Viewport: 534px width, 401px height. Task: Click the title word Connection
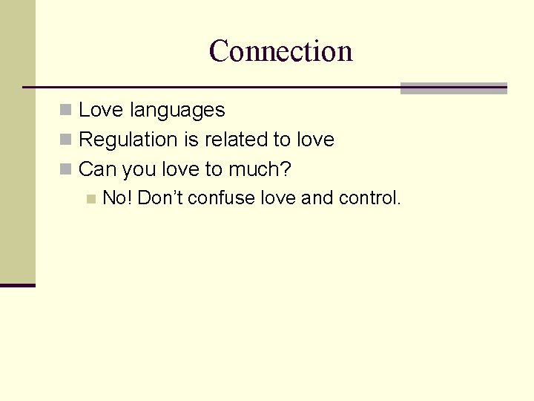coord(280,51)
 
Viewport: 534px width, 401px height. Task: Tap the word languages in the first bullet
coord(177,110)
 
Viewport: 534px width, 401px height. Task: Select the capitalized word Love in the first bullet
coord(101,110)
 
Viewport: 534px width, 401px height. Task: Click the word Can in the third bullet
coord(97,169)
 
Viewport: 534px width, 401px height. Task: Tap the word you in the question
coord(139,170)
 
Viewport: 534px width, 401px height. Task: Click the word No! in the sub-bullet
coord(117,198)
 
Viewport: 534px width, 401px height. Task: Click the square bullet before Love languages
coord(66,111)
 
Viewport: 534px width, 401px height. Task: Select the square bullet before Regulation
coord(66,140)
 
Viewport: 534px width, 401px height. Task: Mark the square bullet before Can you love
coord(66,169)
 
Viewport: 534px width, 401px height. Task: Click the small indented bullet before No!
coord(90,199)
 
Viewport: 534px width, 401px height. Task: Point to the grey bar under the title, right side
coord(453,88)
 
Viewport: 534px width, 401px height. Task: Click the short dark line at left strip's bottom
coord(17,285)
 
